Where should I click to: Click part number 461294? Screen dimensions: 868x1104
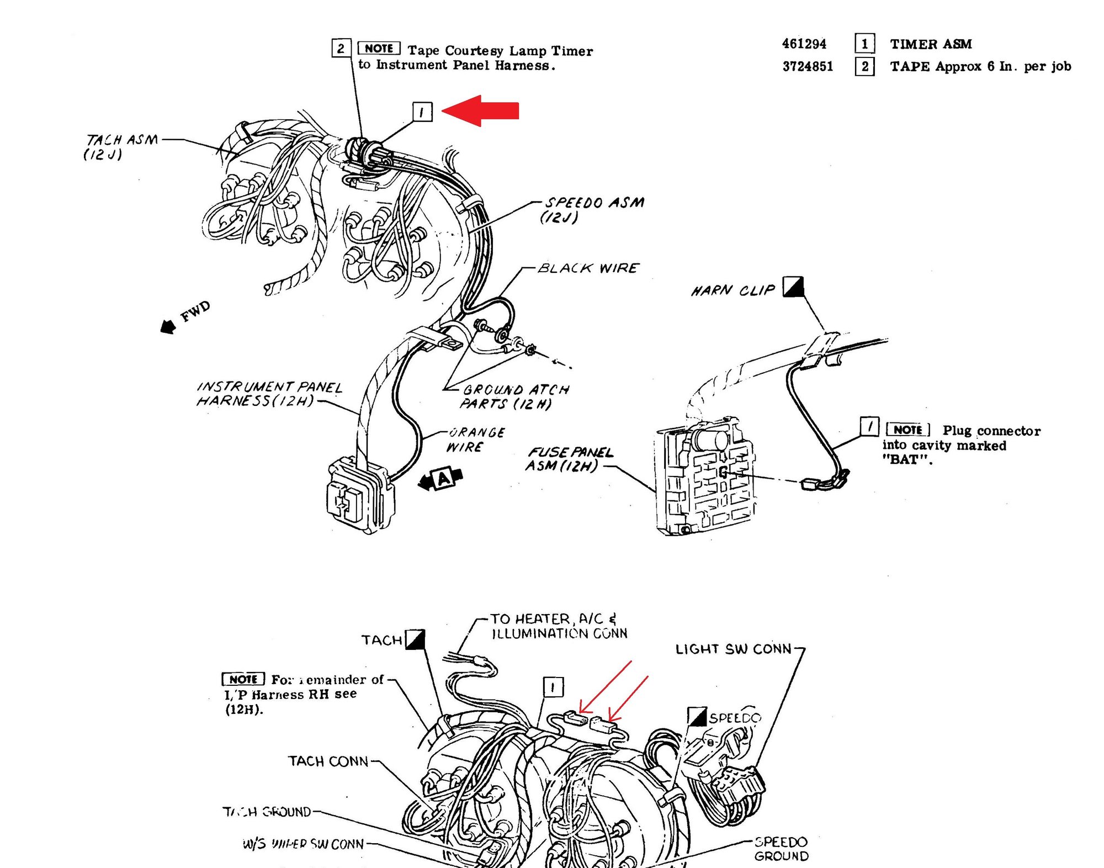(804, 44)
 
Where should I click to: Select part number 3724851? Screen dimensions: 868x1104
(808, 66)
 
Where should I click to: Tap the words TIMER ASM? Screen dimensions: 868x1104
(931, 44)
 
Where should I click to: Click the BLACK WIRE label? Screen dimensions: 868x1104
(588, 268)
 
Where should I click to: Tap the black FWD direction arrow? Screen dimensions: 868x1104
(168, 326)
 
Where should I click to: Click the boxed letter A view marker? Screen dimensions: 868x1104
(443, 478)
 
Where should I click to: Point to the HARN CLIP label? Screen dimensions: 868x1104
(733, 290)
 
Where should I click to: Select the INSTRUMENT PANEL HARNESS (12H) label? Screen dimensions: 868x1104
(269, 394)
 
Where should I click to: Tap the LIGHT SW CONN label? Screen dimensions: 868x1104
(734, 649)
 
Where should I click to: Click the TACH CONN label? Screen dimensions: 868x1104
(328, 761)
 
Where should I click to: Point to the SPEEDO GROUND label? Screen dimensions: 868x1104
(781, 849)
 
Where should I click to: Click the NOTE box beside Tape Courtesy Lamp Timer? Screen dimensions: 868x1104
(379, 49)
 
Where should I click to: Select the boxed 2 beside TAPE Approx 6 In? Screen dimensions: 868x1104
(864, 66)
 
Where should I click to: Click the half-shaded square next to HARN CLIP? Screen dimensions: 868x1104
(793, 287)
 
